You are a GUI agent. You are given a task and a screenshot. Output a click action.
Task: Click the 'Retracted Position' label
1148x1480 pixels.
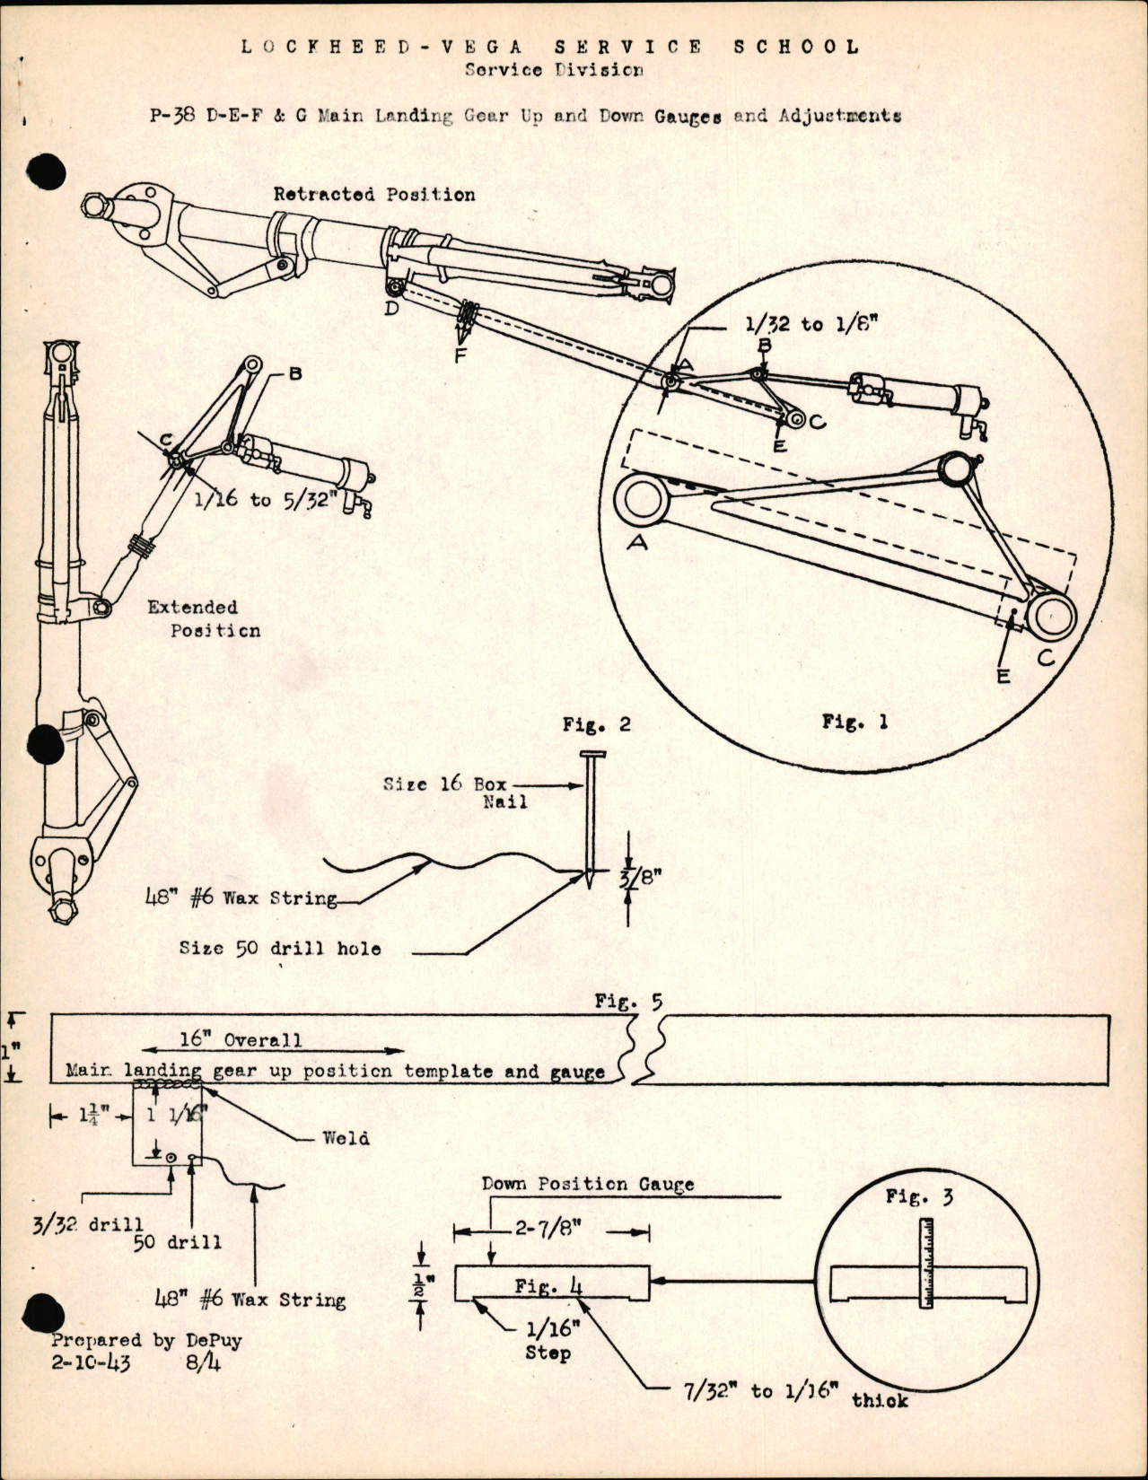point(374,194)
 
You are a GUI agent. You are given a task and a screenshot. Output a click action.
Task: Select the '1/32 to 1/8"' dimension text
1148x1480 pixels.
point(811,324)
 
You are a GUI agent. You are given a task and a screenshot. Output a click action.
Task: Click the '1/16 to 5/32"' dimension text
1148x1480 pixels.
point(266,499)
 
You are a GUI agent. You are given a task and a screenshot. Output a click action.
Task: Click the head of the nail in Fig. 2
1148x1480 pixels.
point(592,756)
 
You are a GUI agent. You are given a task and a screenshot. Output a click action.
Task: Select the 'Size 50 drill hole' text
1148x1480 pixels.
point(279,948)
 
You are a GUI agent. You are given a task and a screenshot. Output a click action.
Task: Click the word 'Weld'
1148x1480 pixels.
point(346,1137)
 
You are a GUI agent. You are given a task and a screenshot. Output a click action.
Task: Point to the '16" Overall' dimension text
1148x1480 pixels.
point(241,1039)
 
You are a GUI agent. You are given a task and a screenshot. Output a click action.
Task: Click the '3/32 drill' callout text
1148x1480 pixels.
point(88,1224)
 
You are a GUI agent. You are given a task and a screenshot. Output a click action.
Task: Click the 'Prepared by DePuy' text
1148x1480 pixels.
point(146,1340)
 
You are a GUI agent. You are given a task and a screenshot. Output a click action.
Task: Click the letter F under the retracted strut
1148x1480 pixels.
point(460,355)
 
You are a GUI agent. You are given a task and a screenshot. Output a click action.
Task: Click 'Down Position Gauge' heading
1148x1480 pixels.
point(587,1184)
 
